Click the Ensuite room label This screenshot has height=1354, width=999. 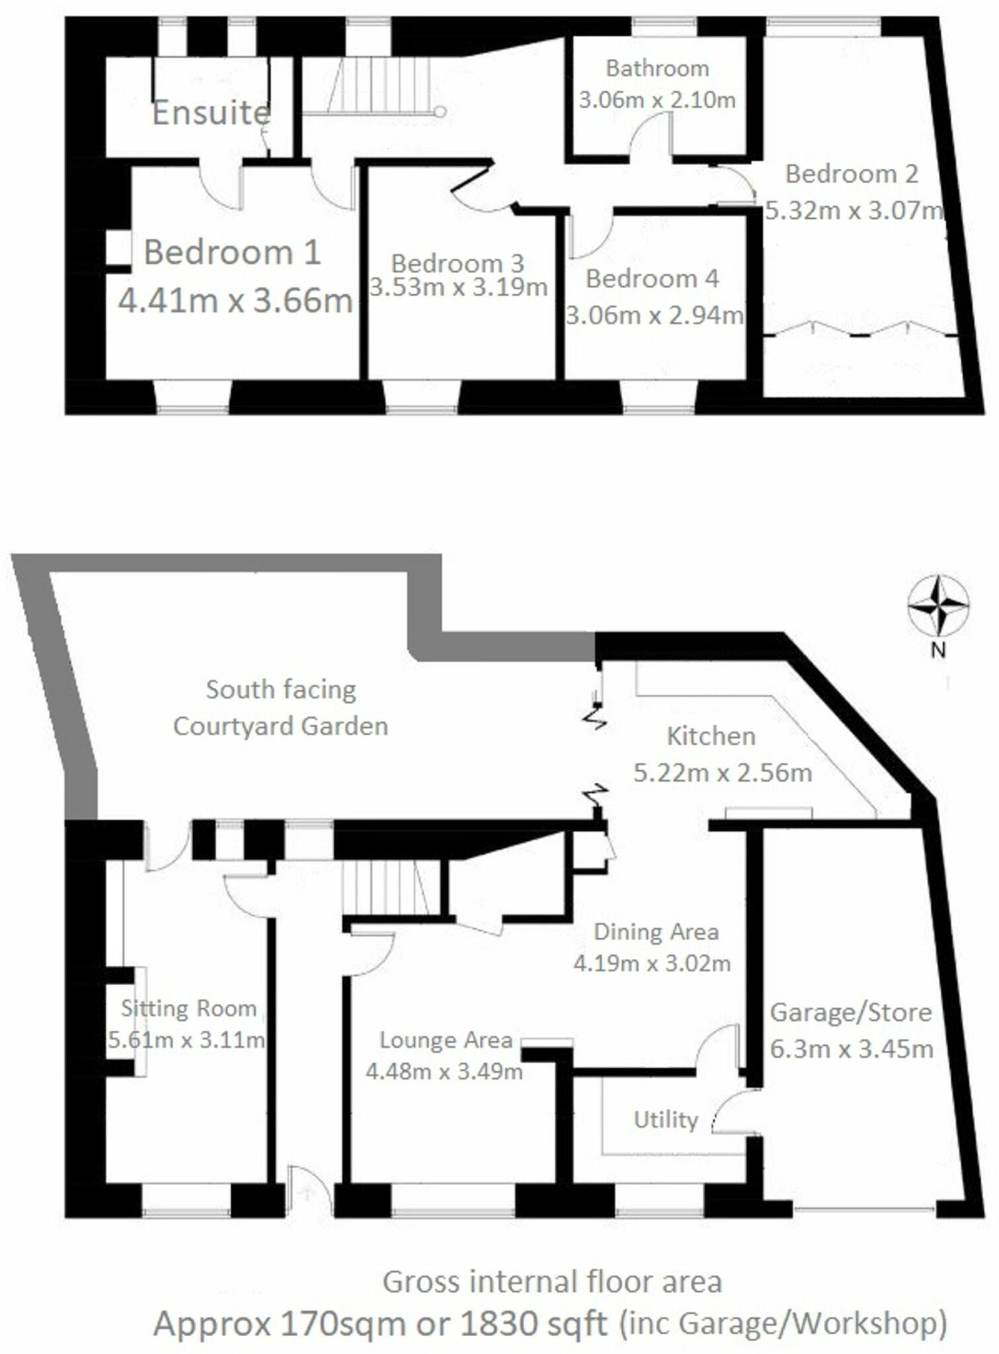212,113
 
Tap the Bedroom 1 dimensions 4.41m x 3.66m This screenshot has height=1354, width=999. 235,301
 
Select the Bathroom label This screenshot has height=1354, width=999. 657,68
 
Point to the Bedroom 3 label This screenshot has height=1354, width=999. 458,263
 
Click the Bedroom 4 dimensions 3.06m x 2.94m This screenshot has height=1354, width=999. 655,315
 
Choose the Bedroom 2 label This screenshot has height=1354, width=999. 852,174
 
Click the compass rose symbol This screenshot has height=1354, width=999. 938,605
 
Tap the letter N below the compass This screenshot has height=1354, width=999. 938,651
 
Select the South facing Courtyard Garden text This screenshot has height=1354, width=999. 281,707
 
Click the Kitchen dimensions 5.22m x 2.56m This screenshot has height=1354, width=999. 723,772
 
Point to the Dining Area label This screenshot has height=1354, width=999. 656,932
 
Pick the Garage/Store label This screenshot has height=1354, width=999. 851,1012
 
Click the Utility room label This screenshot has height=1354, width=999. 666,1119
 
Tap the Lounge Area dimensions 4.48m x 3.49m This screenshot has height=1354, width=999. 444,1071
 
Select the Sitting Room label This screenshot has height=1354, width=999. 189,1008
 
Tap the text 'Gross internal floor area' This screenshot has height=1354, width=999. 552,1281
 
